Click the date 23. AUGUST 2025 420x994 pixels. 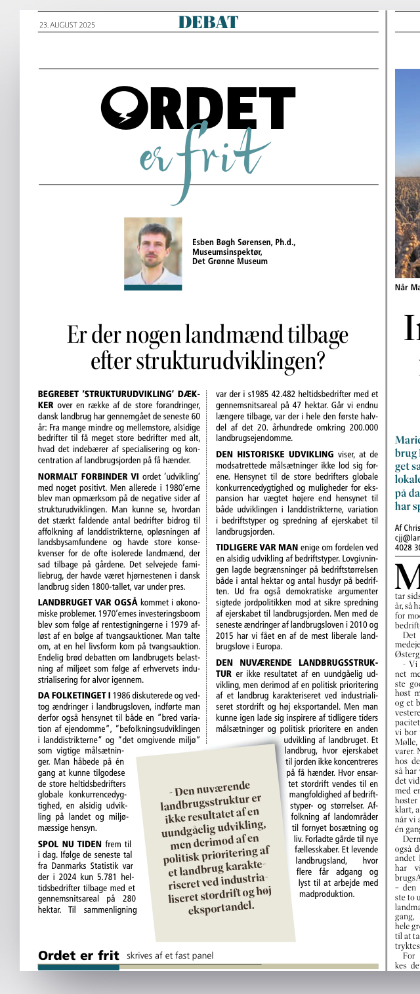click(x=67, y=25)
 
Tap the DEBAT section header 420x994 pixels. click(x=208, y=23)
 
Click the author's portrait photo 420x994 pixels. click(x=153, y=251)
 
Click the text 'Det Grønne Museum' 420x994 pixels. click(x=230, y=261)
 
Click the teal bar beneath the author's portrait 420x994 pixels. click(x=153, y=287)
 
